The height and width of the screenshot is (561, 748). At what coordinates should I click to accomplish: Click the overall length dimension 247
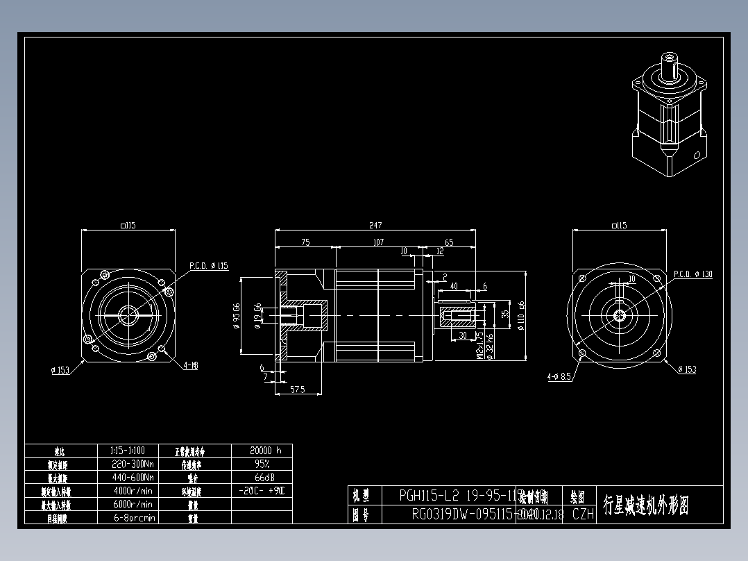coord(375,225)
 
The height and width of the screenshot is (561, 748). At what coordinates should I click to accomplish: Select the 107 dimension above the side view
coord(378,242)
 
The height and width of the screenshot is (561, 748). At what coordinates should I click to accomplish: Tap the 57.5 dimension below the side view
coord(298,390)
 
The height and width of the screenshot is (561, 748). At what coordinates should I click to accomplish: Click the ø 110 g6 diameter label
coord(521,316)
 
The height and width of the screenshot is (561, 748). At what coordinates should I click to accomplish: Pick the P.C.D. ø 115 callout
coord(208,265)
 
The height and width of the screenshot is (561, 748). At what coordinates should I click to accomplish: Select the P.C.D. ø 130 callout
coord(692,274)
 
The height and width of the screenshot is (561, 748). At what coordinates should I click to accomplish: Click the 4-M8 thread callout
coord(191,365)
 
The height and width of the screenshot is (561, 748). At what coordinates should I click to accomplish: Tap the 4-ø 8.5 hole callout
coord(559,377)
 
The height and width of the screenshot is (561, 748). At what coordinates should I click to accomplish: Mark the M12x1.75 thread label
coord(479,344)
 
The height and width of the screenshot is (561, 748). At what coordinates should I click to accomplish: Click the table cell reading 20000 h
coord(266,450)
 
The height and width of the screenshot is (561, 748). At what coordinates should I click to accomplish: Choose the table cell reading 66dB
coord(262,478)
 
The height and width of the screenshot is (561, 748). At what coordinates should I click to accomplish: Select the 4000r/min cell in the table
coord(133,491)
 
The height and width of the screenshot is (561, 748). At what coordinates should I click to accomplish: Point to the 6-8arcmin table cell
coord(134,517)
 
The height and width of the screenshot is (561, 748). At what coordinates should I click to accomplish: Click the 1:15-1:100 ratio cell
coord(128,450)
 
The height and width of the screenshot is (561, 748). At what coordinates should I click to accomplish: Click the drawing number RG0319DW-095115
coord(461,514)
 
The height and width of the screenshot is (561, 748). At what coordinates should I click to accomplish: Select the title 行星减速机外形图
coord(645,505)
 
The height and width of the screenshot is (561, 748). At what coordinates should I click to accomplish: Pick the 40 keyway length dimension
coord(454,285)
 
